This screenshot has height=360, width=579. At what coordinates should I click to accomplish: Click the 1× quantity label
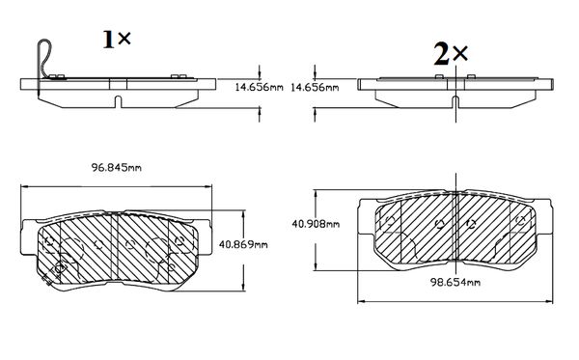click(x=117, y=40)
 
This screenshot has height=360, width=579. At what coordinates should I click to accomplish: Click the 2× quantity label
click(x=451, y=55)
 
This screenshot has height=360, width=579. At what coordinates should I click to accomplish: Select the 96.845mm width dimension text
click(x=117, y=168)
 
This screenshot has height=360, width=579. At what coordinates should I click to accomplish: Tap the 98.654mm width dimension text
click(x=455, y=283)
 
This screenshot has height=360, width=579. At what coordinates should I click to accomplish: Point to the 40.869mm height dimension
click(x=243, y=244)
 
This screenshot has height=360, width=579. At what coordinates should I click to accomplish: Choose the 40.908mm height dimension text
click(x=316, y=224)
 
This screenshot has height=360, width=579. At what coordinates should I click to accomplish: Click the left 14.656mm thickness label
click(x=260, y=88)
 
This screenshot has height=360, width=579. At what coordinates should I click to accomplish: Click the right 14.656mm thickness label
click(x=315, y=88)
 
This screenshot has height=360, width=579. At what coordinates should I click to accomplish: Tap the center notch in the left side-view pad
click(x=118, y=101)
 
